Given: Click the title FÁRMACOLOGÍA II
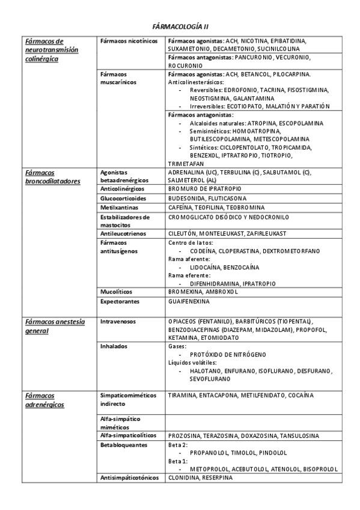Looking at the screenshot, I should pos(180,27).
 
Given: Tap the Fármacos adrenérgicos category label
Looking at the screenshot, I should pos(45,399).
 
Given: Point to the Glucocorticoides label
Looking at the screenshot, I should pos(123,198).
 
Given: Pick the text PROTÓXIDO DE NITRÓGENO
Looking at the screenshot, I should pos(228,355).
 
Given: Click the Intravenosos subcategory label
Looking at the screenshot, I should pos(120,322).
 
